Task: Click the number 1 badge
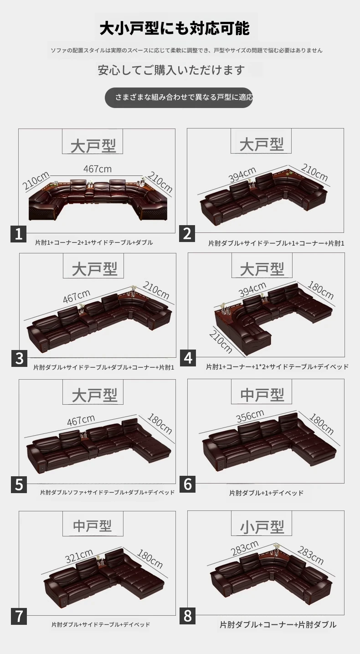tap(19, 234)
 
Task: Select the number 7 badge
tap(19, 617)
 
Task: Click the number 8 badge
tap(187, 616)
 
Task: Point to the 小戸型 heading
tap(262, 527)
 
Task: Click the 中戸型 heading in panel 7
tap(93, 526)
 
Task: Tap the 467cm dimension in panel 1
tap(98, 169)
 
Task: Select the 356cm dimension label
tap(250, 416)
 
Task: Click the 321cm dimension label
tap(79, 556)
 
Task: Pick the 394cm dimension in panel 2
tap(242, 174)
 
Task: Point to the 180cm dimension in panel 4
tap(321, 290)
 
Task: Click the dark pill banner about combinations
tap(179, 98)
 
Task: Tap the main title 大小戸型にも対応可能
tap(175, 28)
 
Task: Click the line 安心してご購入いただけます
tap(171, 70)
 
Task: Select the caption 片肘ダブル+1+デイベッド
tap(266, 493)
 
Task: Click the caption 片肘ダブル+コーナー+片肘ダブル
tap(278, 624)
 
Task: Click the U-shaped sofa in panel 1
tap(98, 200)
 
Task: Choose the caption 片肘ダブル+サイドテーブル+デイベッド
tap(101, 624)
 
